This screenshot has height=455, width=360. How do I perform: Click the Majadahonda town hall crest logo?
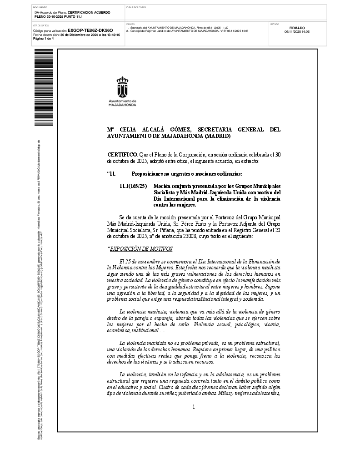[123, 86]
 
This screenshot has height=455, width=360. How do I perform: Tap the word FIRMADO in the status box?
[297, 28]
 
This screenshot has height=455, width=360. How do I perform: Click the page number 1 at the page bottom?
[194, 406]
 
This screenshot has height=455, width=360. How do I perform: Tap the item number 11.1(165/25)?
[133, 187]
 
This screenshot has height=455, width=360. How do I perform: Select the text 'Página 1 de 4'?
[44, 38]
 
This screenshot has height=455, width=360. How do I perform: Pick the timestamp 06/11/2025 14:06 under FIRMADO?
[297, 32]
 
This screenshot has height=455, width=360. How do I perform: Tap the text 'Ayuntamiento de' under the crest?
[122, 101]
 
